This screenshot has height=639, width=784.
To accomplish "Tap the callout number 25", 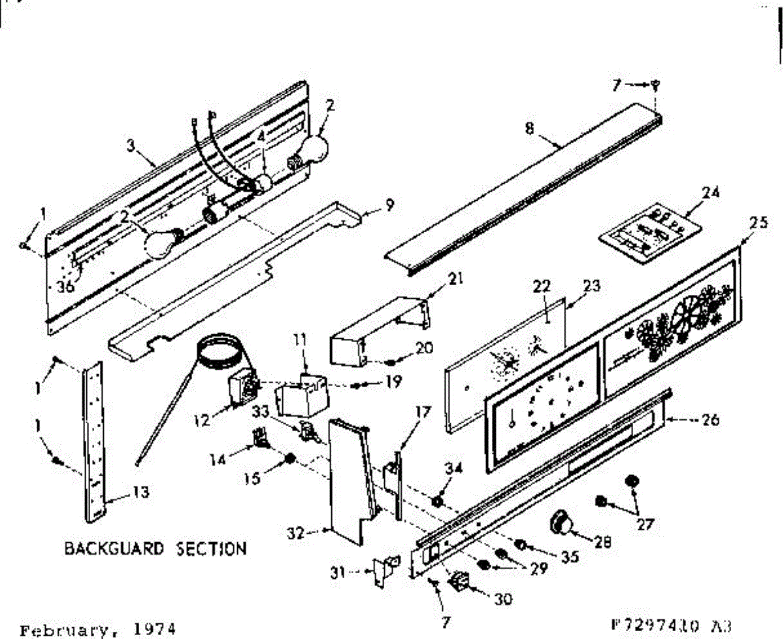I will click(759, 222).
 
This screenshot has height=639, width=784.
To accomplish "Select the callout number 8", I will click(529, 128).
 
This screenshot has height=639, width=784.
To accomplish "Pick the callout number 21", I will click(456, 279).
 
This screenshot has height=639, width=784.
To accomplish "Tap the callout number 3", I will click(131, 145).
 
